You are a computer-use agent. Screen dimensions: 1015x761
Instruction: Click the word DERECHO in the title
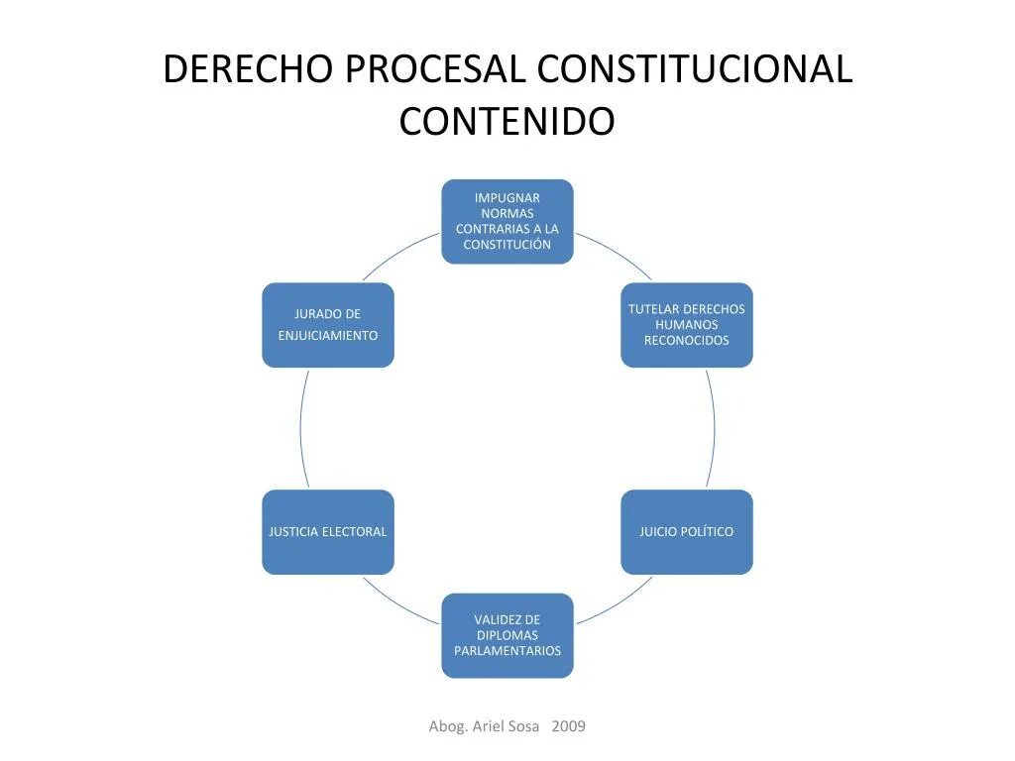(248, 70)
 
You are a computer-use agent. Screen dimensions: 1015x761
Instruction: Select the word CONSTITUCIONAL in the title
(694, 70)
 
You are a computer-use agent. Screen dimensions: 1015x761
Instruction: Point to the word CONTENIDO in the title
(507, 122)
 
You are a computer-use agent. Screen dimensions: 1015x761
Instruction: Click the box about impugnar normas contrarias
(507, 221)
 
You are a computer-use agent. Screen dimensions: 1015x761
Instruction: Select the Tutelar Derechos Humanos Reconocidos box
(686, 325)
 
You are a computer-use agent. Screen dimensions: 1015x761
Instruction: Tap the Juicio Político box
(686, 532)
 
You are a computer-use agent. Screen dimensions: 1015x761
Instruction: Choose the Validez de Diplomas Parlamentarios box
(507, 635)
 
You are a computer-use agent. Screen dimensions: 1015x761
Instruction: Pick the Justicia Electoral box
(327, 532)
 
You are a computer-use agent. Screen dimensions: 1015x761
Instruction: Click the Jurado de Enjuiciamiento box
(327, 325)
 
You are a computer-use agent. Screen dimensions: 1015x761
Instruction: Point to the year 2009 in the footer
(568, 726)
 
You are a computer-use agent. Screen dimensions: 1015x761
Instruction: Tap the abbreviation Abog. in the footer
(446, 726)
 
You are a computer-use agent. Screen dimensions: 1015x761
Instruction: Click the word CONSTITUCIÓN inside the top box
(507, 245)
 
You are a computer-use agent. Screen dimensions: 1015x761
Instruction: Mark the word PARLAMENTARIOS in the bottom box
(507, 651)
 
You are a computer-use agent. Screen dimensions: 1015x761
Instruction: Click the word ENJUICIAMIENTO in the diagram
(327, 336)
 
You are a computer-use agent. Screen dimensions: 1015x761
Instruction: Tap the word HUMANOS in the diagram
(686, 325)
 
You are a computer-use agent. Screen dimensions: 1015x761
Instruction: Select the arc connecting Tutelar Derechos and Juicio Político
(714, 428)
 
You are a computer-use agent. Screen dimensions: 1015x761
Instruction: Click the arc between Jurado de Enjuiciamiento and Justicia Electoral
(300, 428)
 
